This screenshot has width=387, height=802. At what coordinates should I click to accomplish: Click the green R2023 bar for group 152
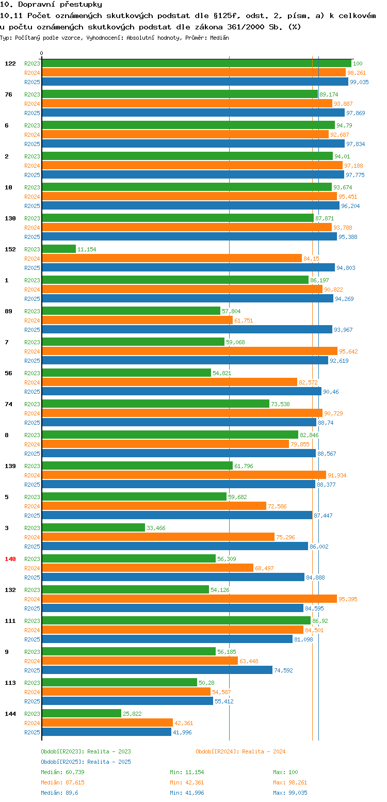[59, 249]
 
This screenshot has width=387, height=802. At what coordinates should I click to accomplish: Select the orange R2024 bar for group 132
[189, 599]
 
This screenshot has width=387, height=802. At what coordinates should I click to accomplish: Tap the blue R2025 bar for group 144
[106, 732]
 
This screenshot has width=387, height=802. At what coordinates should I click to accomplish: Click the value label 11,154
[87, 249]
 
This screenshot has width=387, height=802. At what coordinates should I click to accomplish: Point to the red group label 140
[10, 559]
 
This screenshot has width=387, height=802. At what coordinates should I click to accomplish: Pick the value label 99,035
[359, 82]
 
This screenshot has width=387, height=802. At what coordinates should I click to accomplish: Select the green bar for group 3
[93, 527]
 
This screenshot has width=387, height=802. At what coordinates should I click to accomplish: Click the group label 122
[10, 63]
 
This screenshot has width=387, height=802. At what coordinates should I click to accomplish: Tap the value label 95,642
[348, 351]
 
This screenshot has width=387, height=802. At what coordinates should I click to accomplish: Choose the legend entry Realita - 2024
[240, 751]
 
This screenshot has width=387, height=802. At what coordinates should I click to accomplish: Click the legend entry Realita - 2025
[86, 762]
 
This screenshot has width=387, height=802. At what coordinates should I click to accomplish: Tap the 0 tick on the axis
[42, 53]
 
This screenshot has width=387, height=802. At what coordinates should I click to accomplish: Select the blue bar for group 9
[157, 670]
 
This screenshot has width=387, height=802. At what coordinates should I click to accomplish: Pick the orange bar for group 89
[137, 320]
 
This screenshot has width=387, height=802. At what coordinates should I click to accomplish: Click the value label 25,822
[132, 714]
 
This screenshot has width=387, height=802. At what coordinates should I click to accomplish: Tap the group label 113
[10, 683]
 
